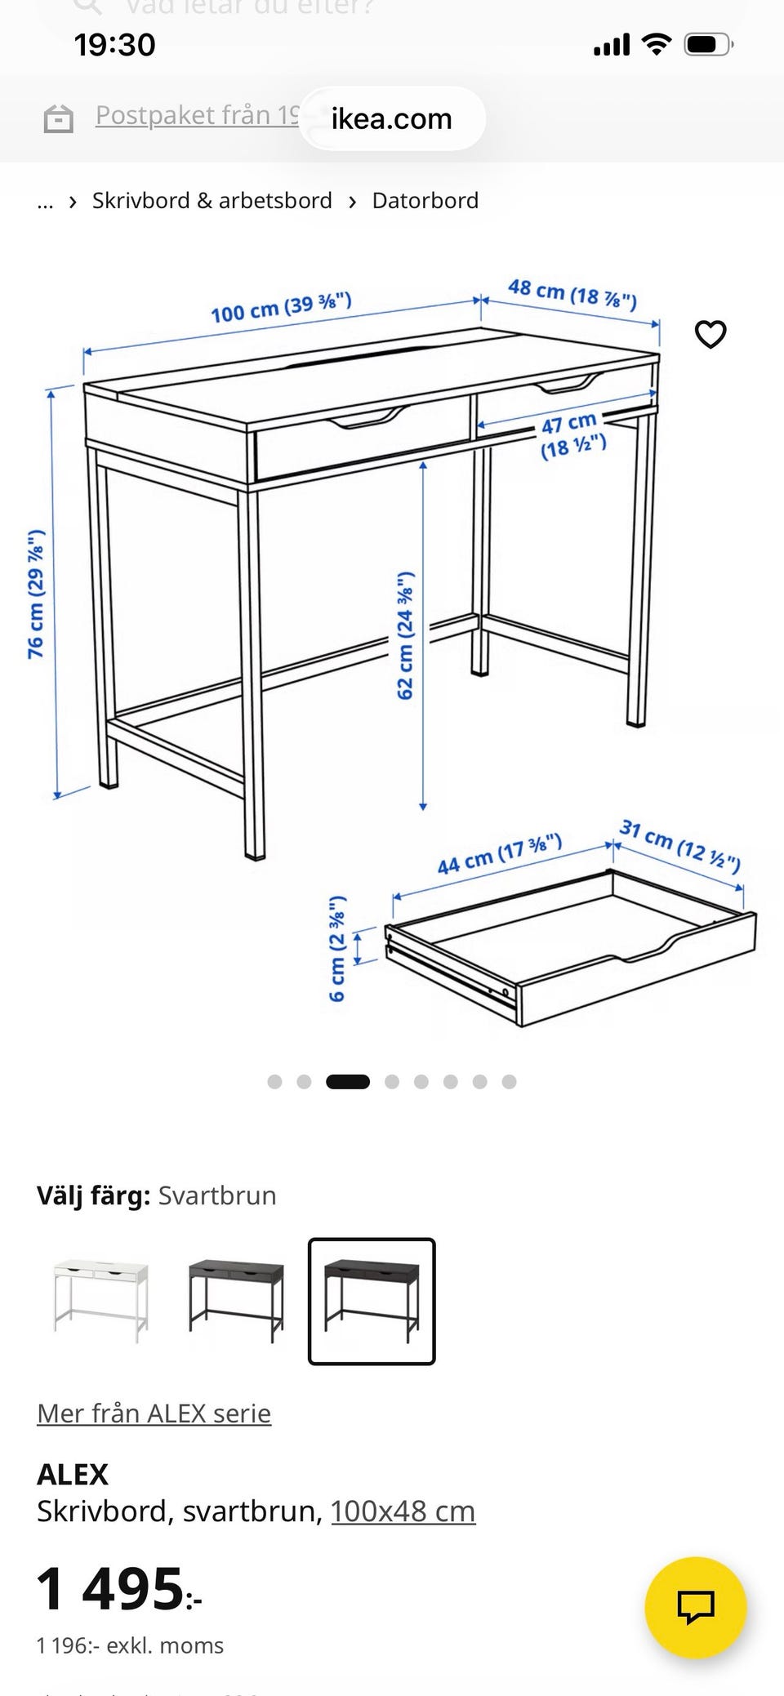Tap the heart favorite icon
pos(710,334)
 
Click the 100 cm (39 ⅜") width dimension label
pos(281,308)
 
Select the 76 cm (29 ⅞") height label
pos(36,594)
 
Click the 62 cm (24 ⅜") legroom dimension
pos(405,635)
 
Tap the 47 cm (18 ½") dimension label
pos(572,435)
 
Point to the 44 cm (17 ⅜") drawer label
pos(499,854)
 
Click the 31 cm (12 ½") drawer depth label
pos(679,845)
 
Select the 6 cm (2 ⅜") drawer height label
pos(336,948)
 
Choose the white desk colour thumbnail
pos(101,1301)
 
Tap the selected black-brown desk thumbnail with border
pos(372,1301)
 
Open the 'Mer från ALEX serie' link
pos(154,1413)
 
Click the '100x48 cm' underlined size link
pos(403,1511)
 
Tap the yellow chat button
pos(695,1607)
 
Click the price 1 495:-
pos(118,1589)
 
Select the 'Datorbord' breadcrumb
pos(425,201)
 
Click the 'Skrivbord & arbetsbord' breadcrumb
pos(212,201)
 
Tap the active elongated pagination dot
pos(348,1082)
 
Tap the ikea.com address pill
pos(391,119)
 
